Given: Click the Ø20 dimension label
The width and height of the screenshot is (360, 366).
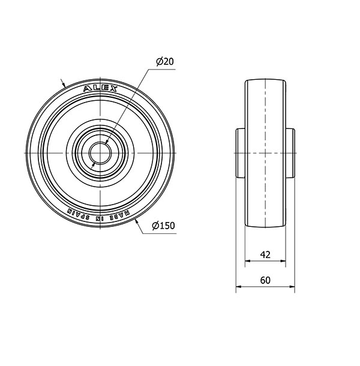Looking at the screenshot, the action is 165,62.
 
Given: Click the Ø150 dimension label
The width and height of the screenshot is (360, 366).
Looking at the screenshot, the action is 163,226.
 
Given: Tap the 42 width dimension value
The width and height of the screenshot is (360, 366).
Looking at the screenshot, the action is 265,254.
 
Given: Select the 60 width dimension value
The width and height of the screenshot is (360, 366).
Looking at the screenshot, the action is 265,280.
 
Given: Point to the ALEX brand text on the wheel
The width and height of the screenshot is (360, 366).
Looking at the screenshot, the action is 100,89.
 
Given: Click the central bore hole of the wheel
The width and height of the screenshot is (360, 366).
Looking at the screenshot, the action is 100,153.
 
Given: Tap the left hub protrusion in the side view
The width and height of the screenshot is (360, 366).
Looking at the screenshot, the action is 240,153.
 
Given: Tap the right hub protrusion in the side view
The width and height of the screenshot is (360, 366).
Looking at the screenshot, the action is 290,153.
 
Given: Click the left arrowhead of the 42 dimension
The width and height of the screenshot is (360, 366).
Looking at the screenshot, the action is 247,261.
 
